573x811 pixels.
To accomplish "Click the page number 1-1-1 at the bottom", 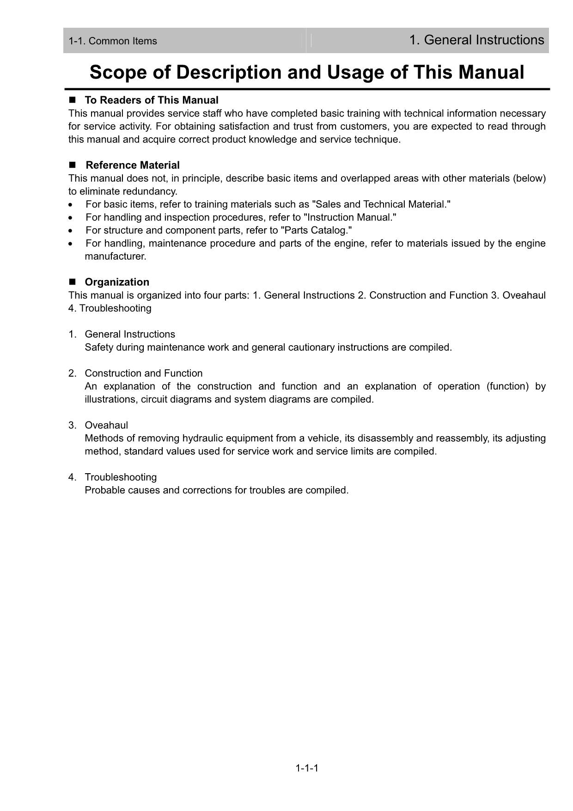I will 307,768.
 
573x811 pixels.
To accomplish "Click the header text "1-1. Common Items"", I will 113,41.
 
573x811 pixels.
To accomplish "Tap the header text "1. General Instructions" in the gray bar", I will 476,40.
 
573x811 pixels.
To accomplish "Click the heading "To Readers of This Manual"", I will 152,100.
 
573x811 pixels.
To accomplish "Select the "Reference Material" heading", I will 133,165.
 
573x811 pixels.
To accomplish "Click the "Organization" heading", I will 117,282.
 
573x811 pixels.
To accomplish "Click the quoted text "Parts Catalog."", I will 317,231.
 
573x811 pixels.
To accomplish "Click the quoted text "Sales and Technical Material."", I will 381,205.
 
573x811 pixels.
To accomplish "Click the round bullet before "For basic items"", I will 70,205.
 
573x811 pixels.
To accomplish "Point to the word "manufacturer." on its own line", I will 116,256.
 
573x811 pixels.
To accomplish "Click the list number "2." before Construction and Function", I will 72,373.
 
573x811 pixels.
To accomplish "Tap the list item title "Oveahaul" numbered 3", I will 106,426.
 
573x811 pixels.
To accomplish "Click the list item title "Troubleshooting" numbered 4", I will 121,477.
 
